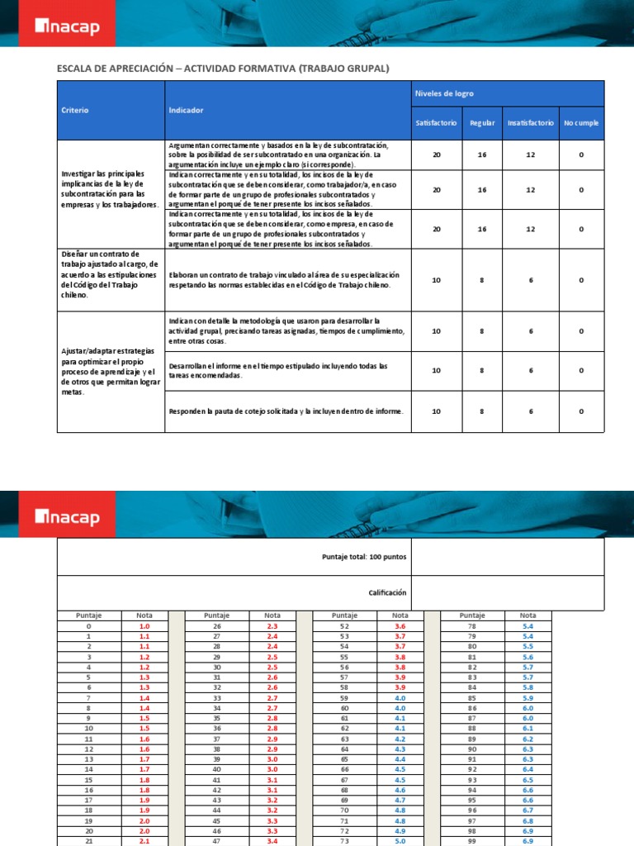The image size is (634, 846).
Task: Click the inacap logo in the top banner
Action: [67, 27]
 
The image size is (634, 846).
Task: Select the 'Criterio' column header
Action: [75, 110]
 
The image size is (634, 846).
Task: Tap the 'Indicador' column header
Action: [186, 110]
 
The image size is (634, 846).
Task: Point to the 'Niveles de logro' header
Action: [443, 93]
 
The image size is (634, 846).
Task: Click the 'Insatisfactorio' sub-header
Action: [530, 123]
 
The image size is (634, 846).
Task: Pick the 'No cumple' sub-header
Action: [581, 123]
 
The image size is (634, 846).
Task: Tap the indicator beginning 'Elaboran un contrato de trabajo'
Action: [283, 279]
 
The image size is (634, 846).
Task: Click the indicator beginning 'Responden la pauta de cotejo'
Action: [286, 411]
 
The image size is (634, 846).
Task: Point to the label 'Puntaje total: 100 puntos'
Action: [364, 557]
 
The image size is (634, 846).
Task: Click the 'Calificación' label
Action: [387, 592]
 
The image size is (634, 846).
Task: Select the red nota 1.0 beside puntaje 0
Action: [144, 626]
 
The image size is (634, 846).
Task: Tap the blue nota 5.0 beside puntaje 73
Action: [400, 839]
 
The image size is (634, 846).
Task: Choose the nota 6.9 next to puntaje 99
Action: [527, 839]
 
